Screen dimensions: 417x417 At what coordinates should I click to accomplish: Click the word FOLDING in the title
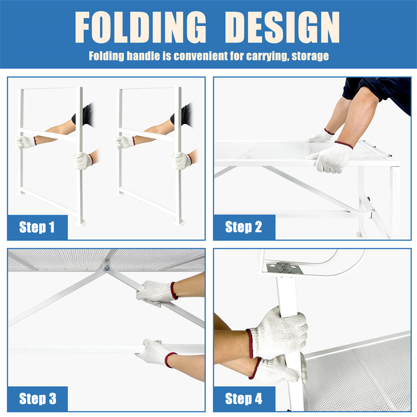point(141,27)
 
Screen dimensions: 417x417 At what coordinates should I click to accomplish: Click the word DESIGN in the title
point(283,27)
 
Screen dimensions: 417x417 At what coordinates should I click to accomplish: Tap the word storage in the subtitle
point(310,56)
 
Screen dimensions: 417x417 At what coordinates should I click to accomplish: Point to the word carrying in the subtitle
point(267,56)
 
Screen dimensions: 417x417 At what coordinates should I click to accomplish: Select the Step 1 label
point(36,227)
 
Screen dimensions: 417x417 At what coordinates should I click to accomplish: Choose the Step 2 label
point(243,227)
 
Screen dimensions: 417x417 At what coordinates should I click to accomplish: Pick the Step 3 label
point(38,399)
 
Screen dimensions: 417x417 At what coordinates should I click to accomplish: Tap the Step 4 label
point(243,399)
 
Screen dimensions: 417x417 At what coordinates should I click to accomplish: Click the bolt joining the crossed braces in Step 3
point(107,267)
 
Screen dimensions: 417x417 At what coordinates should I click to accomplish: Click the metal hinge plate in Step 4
point(285,268)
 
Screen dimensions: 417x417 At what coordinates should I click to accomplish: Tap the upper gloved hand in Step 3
point(156,293)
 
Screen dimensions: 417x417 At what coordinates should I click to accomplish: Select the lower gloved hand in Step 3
point(157,352)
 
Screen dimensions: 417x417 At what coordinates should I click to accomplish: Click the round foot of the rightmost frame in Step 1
point(179,223)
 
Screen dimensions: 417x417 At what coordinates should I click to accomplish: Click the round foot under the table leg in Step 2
point(360,235)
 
